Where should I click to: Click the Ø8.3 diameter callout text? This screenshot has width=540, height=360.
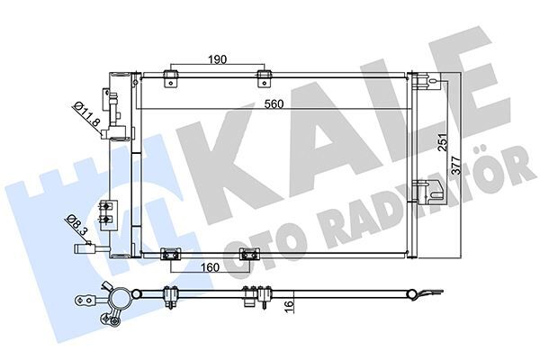[x=77, y=223]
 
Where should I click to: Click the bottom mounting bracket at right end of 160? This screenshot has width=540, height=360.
[x=244, y=257]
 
